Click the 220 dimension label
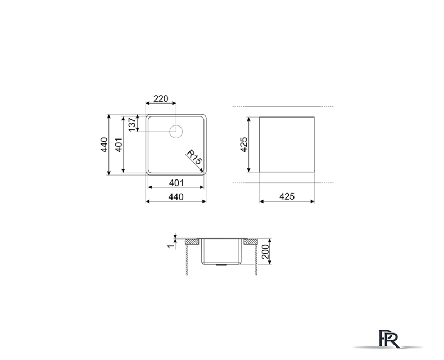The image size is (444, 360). click(161, 98)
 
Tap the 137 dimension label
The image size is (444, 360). click(132, 124)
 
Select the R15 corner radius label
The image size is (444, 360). click(194, 157)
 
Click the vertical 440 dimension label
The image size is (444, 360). click(104, 145)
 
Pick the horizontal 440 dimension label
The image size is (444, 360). click(176, 197)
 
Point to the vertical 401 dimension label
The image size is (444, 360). click(119, 145)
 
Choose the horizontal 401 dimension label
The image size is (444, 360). click(176, 183)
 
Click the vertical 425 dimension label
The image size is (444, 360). click(243, 145)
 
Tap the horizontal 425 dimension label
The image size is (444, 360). click(287, 196)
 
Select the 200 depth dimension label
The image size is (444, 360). click(265, 251)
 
